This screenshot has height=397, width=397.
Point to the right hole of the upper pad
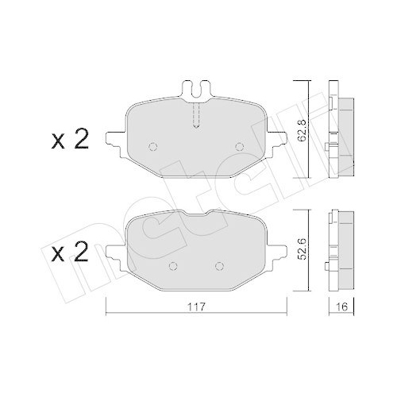coord(240,146)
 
